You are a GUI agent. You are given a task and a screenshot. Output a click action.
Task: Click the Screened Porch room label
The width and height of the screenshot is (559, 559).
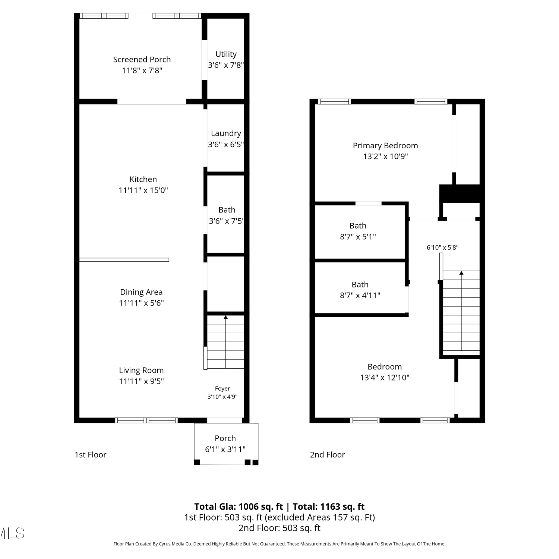[142, 60]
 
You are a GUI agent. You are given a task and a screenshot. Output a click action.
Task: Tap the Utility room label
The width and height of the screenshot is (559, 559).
[226, 54]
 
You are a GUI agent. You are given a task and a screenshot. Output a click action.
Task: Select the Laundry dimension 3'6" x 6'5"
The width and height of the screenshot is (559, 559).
[226, 144]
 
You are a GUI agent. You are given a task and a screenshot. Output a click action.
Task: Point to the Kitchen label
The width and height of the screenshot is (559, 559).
[143, 179]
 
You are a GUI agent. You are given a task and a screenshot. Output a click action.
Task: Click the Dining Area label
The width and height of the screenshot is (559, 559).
[141, 292]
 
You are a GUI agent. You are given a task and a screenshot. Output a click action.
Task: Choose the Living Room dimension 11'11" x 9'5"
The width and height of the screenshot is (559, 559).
[141, 381]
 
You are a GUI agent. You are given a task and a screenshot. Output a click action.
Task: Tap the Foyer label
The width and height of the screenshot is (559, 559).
[222, 389]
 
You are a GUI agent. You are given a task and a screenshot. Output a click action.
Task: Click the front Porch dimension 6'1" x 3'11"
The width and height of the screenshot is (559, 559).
[225, 449]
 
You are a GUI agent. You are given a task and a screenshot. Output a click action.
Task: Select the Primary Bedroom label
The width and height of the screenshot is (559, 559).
[385, 146]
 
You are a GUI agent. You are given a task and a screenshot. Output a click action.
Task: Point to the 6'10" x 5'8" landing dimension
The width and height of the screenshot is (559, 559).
[442, 247]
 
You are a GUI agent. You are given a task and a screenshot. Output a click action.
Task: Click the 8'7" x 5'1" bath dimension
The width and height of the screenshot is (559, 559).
[358, 237]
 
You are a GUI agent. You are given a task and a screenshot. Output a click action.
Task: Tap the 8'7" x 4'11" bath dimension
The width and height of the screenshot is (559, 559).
[360, 296]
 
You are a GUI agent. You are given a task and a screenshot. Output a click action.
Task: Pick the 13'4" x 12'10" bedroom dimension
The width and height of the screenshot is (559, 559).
[385, 378]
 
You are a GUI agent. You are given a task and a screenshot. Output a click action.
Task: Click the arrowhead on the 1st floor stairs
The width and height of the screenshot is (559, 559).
[225, 318]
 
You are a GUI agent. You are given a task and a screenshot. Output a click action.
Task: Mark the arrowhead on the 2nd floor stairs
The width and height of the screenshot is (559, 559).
[461, 273]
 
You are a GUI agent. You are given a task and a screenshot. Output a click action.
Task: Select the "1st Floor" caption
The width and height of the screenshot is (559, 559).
[91, 455]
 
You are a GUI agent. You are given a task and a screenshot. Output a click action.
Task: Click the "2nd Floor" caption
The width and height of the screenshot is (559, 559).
[328, 455]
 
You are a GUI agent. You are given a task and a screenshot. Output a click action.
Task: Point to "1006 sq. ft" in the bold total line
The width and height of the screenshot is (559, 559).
[261, 507]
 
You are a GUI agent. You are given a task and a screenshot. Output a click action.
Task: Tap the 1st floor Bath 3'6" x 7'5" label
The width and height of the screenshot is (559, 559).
[227, 215]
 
